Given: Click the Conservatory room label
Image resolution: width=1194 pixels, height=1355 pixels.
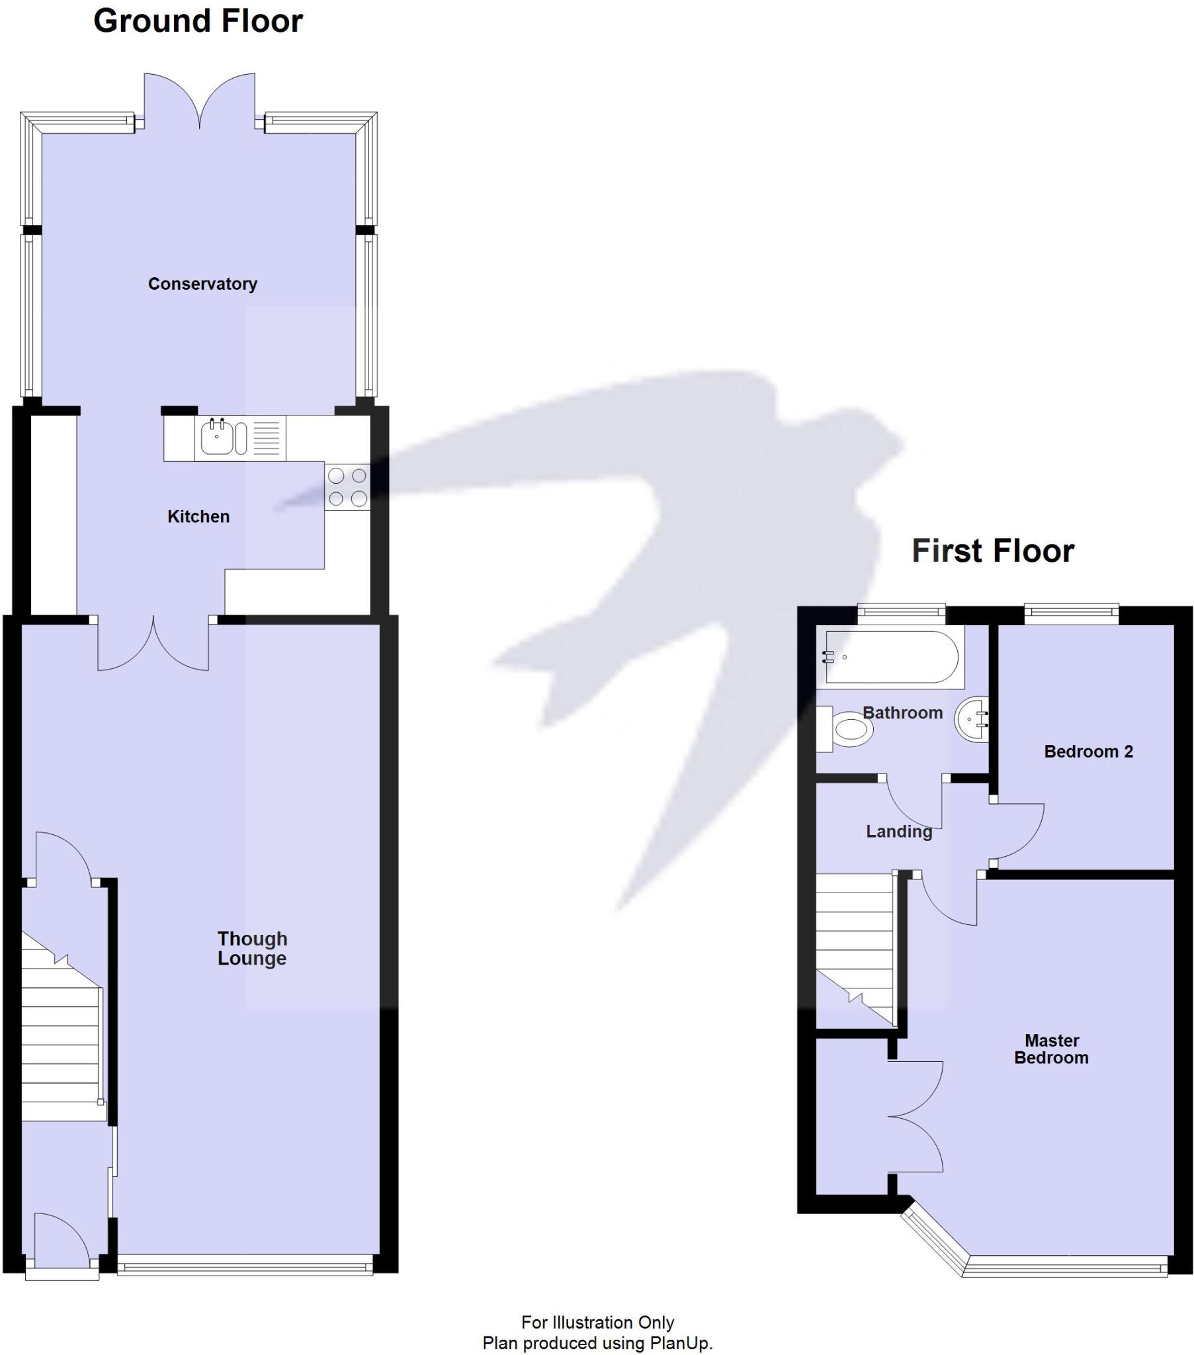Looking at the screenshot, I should pyautogui.click(x=202, y=284).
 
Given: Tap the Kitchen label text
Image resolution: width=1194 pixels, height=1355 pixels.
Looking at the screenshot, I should pyautogui.click(x=198, y=517).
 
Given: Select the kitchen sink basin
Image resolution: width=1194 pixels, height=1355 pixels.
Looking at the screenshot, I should pyautogui.click(x=217, y=437).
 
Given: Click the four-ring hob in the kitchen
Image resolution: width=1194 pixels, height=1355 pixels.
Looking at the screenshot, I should pyautogui.click(x=347, y=487).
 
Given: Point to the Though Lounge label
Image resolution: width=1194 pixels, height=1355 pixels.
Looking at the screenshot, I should pyautogui.click(x=252, y=949).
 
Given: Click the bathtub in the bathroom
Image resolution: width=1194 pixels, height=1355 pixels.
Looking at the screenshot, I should pyautogui.click(x=890, y=657).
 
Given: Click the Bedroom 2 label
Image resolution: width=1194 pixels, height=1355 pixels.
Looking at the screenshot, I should pyautogui.click(x=1088, y=751).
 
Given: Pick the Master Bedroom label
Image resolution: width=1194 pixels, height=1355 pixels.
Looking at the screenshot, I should pyautogui.click(x=1052, y=1049).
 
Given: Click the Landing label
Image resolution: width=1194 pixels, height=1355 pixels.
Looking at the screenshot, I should pyautogui.click(x=898, y=831).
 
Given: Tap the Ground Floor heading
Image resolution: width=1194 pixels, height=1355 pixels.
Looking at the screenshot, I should pyautogui.click(x=198, y=21).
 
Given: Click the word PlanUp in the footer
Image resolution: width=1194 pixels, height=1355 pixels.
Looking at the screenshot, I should pyautogui.click(x=679, y=1343).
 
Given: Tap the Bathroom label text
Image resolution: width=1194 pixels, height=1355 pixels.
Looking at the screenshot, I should pyautogui.click(x=902, y=713).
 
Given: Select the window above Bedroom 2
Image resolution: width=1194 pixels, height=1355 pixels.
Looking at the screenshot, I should pyautogui.click(x=1071, y=614).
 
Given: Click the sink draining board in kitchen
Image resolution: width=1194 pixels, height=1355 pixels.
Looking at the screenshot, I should pyautogui.click(x=267, y=437).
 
